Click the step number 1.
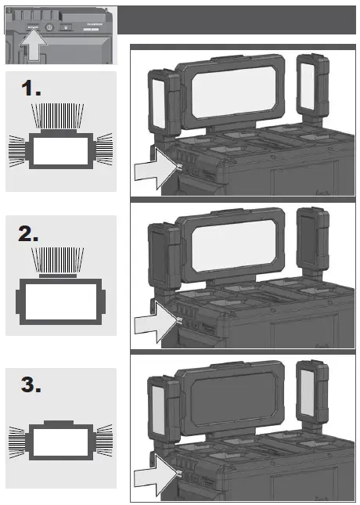[x=32, y=90]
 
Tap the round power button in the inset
[x=49, y=26]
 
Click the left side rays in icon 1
[x=17, y=147]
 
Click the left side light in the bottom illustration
[x=160, y=408]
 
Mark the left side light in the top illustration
[x=160, y=100]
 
